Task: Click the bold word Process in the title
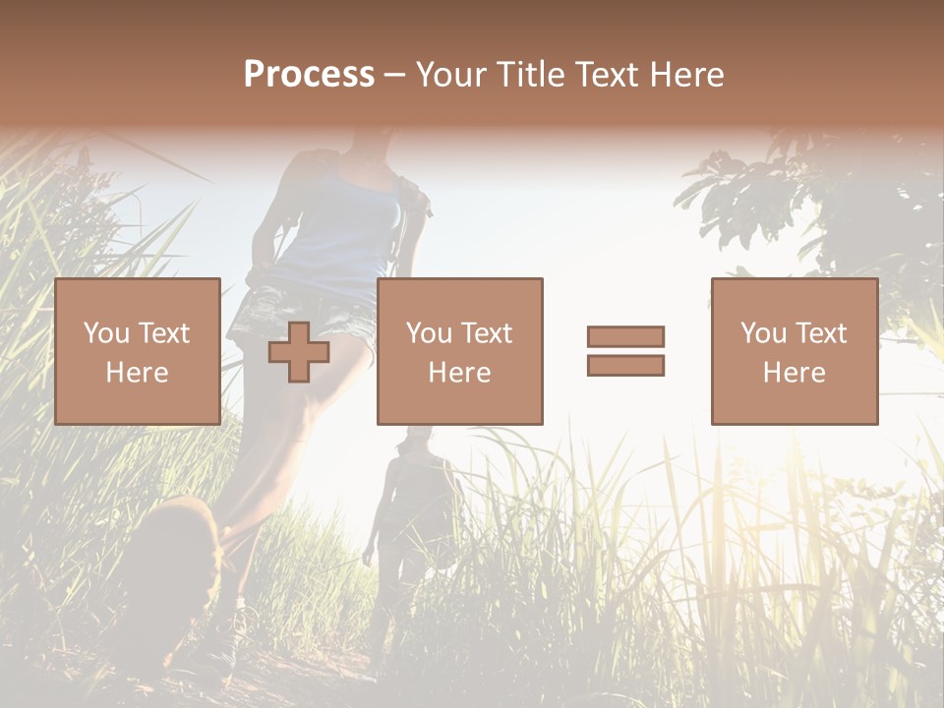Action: (309, 75)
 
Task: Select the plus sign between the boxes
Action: (299, 352)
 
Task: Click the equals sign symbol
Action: (625, 351)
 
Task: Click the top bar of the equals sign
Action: (625, 336)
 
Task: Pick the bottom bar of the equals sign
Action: (625, 366)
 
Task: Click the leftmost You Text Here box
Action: (137, 351)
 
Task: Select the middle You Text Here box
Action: (459, 351)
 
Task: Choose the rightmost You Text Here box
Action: (794, 351)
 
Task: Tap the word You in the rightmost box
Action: (762, 333)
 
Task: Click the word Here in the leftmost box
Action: (137, 373)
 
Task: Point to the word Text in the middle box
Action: (487, 333)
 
